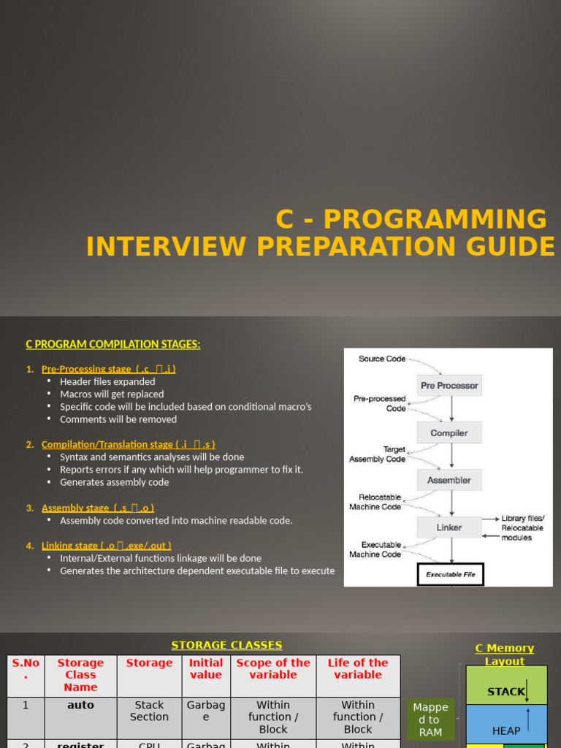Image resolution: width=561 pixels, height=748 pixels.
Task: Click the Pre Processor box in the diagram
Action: click(x=449, y=385)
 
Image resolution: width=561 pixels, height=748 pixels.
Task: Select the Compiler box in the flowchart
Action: click(x=449, y=432)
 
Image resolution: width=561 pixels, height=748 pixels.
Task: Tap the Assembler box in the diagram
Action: click(x=449, y=480)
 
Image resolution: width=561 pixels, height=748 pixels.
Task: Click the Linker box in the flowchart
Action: click(x=449, y=527)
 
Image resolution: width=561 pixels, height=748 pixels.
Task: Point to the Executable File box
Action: click(x=450, y=574)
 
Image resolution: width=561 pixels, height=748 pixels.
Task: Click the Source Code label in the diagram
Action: click(x=381, y=359)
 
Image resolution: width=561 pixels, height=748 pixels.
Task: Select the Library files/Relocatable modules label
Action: click(x=522, y=527)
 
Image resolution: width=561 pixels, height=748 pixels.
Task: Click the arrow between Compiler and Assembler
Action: click(x=451, y=456)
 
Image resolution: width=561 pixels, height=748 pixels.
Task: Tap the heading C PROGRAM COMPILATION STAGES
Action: click(x=113, y=344)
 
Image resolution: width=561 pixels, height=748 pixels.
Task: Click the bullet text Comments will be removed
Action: click(x=118, y=419)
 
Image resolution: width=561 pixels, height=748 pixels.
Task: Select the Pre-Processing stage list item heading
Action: click(x=108, y=369)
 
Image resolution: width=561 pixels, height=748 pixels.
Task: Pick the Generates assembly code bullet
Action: click(x=114, y=482)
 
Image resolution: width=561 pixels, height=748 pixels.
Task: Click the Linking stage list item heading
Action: click(x=107, y=545)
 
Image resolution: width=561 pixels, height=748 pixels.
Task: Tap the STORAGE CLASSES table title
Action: click(x=226, y=645)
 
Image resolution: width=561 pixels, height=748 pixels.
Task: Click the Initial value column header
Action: click(x=206, y=668)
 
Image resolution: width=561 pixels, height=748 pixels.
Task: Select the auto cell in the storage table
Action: click(x=80, y=705)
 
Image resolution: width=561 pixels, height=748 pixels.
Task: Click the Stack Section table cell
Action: click(x=149, y=711)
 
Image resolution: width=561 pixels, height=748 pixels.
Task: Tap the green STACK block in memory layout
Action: click(x=505, y=691)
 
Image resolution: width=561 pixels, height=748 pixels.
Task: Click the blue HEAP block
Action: click(x=506, y=730)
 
